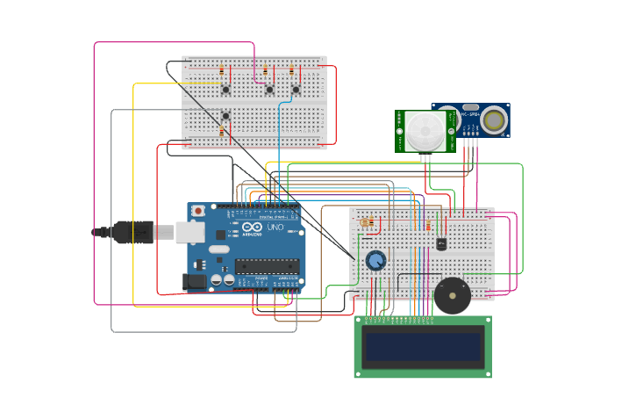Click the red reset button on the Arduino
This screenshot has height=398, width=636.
click(x=199, y=211)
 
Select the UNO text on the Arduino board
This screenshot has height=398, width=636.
click(x=275, y=227)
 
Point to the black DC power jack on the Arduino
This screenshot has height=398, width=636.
click(x=194, y=281)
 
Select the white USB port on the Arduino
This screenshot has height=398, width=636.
click(x=189, y=232)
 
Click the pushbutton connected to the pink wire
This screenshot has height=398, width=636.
click(x=269, y=89)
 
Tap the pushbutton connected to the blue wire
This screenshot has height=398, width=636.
click(x=296, y=89)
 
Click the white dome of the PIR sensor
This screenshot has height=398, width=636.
click(x=425, y=132)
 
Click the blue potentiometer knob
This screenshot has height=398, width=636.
click(x=375, y=260)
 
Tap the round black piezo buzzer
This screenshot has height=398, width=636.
click(x=452, y=295)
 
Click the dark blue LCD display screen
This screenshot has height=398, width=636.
click(x=423, y=348)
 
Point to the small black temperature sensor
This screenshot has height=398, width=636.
click(x=440, y=243)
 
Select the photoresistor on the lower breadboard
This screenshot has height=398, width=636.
click(x=365, y=223)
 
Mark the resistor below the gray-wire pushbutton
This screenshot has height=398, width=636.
click(x=222, y=131)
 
